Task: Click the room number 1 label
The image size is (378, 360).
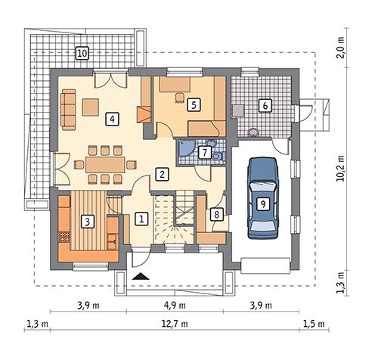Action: tap(141, 219)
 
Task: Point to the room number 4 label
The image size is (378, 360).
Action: tap(111, 118)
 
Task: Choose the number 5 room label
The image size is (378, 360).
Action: tap(194, 104)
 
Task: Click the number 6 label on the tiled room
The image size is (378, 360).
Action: tap(265, 105)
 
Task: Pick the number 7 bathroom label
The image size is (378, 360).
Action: tap(203, 152)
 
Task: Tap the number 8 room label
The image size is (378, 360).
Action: tap(216, 215)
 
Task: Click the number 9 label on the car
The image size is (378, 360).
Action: tap(262, 203)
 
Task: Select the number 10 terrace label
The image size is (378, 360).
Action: tap(82, 53)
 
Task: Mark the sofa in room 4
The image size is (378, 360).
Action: tap(68, 109)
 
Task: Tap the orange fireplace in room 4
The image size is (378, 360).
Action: tap(144, 115)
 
